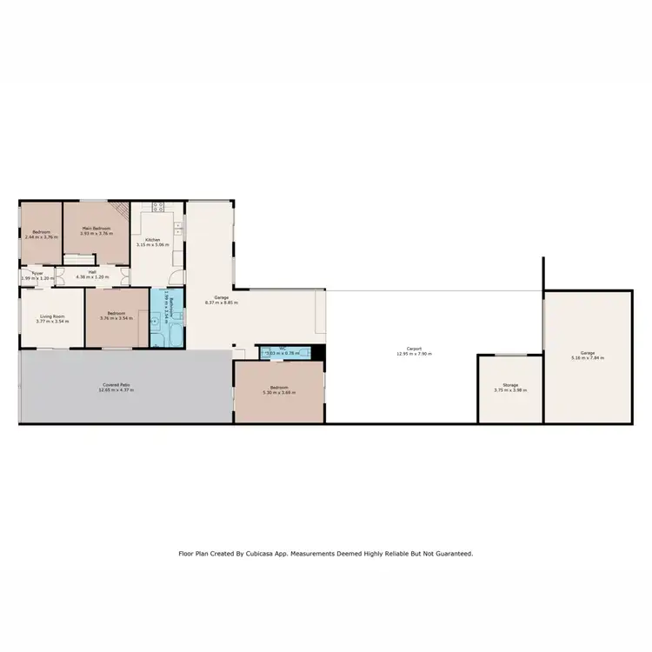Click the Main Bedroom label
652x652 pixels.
96,228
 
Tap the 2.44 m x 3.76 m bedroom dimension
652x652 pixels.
41,236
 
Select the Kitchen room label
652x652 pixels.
152,239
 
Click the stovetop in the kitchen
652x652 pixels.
158,207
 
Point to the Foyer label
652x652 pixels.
37,272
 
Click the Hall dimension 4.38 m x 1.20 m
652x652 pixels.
91,276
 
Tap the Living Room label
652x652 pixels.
52,316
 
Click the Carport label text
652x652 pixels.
414,349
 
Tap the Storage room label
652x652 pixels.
510,385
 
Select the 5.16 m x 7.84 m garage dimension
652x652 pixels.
586,358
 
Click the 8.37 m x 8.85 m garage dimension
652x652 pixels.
221,303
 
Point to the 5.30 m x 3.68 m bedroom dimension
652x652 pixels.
279,393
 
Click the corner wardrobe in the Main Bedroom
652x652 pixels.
121,210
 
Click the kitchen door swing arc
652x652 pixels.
176,276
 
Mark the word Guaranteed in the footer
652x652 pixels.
450,553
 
